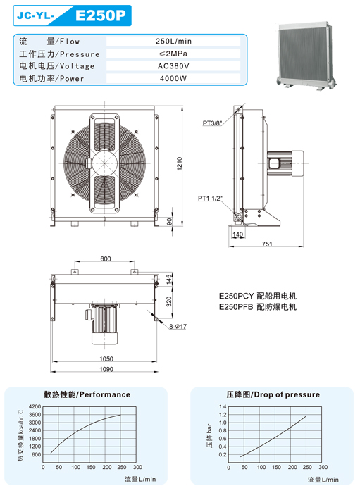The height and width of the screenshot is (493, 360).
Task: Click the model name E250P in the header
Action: (x=100, y=15)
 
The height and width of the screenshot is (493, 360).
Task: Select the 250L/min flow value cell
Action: (x=173, y=41)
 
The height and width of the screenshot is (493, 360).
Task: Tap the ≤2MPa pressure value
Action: (x=173, y=54)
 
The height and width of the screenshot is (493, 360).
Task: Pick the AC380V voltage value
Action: (x=173, y=66)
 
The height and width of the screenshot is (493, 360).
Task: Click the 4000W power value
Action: (x=173, y=78)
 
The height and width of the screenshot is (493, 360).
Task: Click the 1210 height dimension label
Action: (x=180, y=163)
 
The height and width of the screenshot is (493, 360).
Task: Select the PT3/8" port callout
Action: (x=213, y=123)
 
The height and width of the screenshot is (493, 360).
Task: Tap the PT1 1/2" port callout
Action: (x=210, y=199)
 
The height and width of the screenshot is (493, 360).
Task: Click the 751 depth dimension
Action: (x=267, y=244)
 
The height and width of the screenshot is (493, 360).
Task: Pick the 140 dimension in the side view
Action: (x=237, y=235)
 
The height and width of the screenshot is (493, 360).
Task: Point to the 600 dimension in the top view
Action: (x=106, y=258)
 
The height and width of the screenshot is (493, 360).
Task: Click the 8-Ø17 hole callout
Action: (x=178, y=327)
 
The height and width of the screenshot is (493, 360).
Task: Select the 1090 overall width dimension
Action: (x=106, y=369)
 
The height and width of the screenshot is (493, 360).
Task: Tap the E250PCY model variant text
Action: (x=236, y=296)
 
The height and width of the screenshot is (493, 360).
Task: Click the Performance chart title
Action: (x=87, y=394)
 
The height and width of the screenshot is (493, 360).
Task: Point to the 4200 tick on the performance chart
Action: (x=35, y=406)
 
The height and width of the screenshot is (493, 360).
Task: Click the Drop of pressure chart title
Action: (x=273, y=394)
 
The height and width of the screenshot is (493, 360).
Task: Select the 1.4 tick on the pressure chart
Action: (x=223, y=406)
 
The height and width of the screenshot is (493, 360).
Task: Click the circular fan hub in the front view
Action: (x=105, y=163)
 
